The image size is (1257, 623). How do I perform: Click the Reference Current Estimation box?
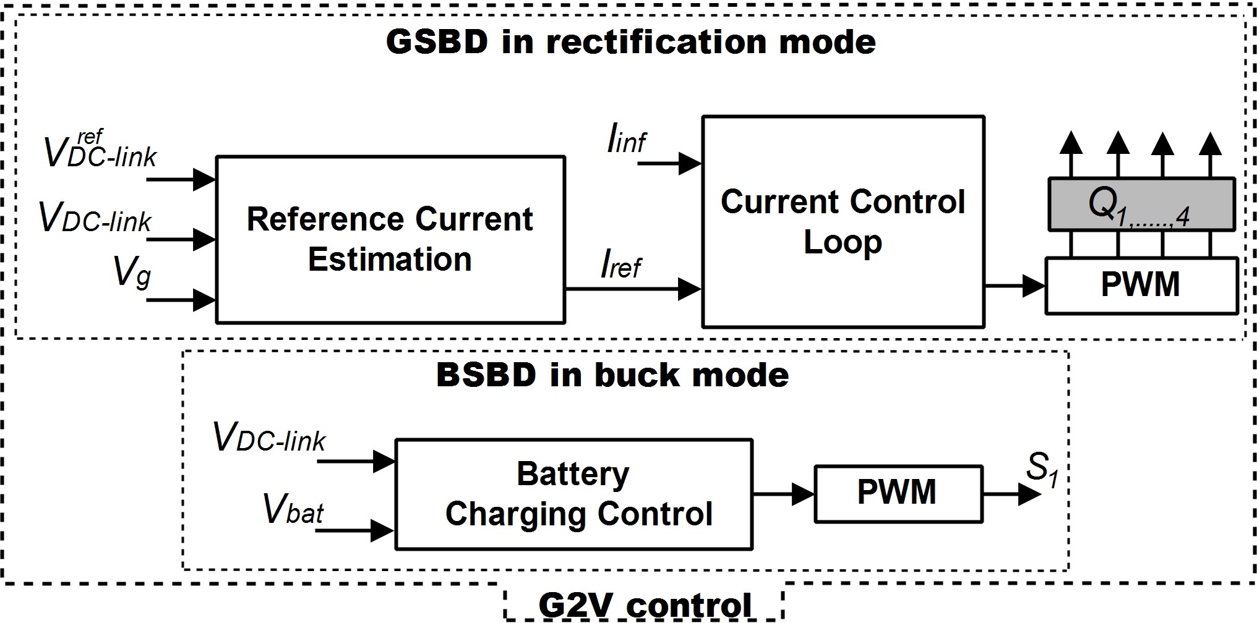pyautogui.click(x=390, y=239)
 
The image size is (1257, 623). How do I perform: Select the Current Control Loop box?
pyautogui.click(x=843, y=221)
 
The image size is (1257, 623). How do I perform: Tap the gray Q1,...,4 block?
pyautogui.click(x=1142, y=204)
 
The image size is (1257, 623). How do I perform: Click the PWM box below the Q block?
pyautogui.click(x=1142, y=286)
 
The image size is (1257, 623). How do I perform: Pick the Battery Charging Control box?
pyautogui.click(x=574, y=494)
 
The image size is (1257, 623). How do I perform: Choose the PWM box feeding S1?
pyautogui.click(x=898, y=494)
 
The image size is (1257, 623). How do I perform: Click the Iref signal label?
pyautogui.click(x=621, y=265)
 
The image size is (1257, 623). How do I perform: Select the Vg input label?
pyautogui.click(x=132, y=272)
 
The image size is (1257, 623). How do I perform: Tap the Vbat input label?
pyautogui.click(x=293, y=509)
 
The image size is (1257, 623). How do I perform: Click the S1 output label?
pyautogui.click(x=1042, y=468)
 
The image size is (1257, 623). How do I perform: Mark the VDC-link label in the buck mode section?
pyautogui.click(x=269, y=437)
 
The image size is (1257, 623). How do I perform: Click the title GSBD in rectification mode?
pyautogui.click(x=631, y=42)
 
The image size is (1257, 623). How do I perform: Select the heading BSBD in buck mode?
pyautogui.click(x=612, y=375)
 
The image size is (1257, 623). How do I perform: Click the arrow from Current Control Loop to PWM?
pyautogui.click(x=1015, y=286)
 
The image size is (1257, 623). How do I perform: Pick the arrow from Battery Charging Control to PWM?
pyautogui.click(x=784, y=494)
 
